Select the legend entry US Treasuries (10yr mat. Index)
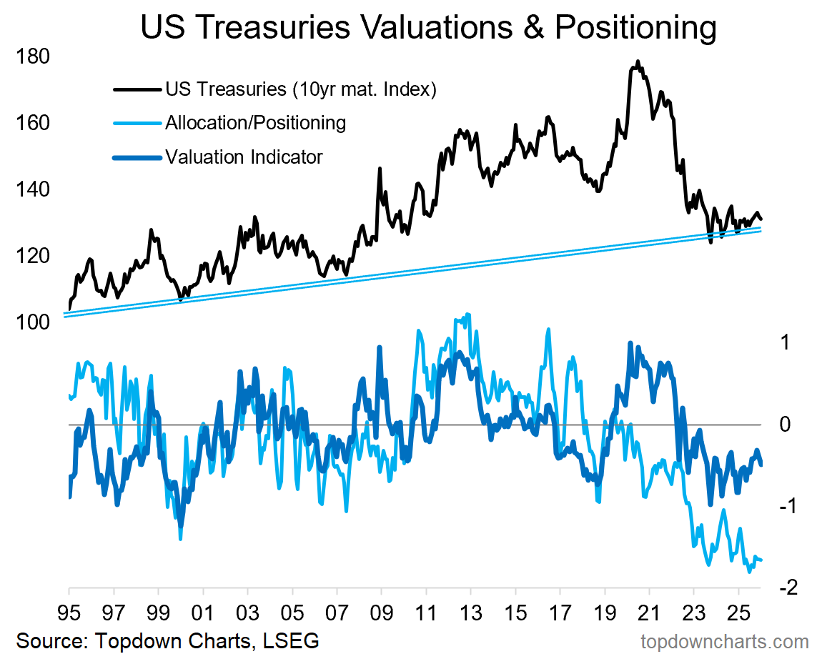pos(300,90)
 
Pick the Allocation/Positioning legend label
pos(255,123)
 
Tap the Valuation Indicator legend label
pos(244,156)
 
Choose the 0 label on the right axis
pos(786,425)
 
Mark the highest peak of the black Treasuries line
pos(638,62)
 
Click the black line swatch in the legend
pos(136,90)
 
